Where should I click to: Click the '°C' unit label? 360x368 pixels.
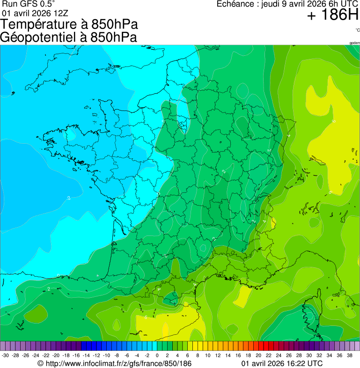357,30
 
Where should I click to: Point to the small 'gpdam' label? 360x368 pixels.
354,43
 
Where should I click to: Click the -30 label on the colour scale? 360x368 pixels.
6,356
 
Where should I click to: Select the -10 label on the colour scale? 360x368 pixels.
106,356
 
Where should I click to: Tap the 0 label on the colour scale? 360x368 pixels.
157,356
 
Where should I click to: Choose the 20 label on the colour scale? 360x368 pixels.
258,356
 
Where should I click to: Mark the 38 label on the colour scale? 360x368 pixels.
349,356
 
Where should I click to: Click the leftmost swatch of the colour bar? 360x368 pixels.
3,346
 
